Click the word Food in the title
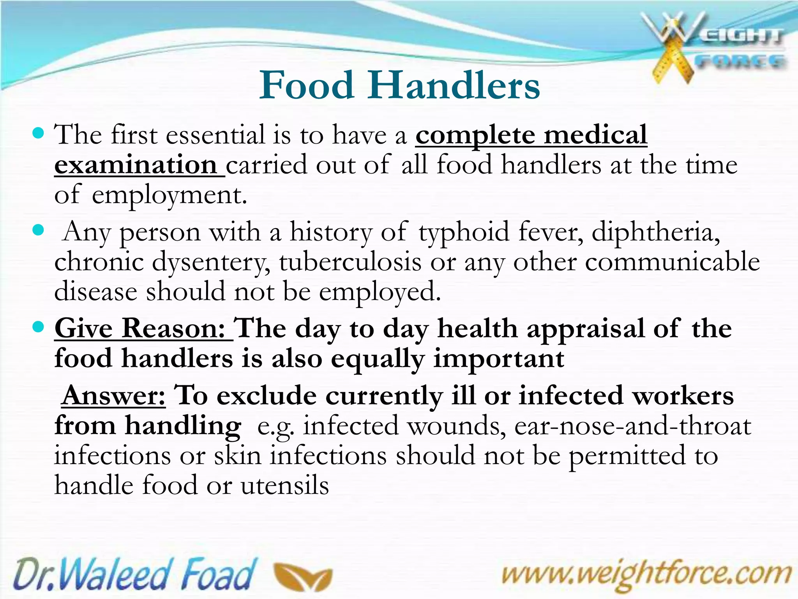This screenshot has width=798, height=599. pos(307,85)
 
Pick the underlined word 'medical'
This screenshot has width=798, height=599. pos(595,135)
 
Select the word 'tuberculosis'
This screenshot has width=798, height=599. pos(350,262)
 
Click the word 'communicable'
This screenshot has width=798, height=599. pos(672,262)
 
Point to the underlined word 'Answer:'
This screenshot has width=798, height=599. pos(114,396)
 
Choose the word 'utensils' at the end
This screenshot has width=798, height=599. pos(285,486)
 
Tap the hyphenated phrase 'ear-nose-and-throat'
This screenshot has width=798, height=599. pos(632,426)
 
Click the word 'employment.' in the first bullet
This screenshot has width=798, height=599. pos(169,196)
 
